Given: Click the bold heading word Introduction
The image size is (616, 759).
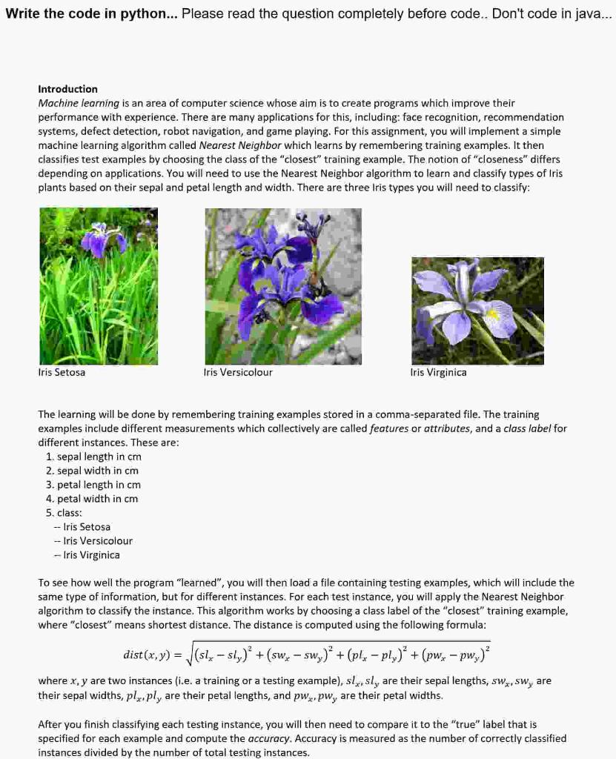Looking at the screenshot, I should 67,89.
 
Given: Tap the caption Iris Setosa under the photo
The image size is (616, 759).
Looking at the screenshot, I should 62,372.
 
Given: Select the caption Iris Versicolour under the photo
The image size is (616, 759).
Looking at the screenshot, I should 238,372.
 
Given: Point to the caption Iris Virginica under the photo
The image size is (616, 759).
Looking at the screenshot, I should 438,372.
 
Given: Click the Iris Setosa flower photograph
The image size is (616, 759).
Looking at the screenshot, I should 99,285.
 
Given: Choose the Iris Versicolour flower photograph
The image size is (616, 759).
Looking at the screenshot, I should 283,285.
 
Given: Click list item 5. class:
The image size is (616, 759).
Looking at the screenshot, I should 64,513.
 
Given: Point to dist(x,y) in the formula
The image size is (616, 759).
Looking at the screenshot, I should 147,654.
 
